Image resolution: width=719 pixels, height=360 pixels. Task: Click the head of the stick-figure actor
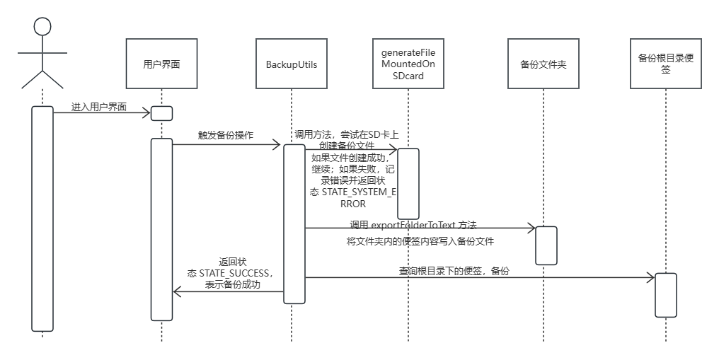[42, 27]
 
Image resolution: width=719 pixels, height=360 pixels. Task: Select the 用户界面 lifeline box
[161, 64]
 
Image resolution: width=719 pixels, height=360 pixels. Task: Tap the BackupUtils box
[292, 64]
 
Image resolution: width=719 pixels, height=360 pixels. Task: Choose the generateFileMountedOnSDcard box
[408, 64]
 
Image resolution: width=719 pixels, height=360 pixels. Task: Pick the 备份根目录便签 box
[665, 64]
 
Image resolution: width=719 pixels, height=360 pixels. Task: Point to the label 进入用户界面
[99, 108]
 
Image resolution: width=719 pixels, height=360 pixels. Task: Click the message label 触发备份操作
[226, 135]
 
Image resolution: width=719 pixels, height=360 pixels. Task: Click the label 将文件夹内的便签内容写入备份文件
[420, 241]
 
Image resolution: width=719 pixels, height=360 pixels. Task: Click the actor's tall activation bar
[42, 219]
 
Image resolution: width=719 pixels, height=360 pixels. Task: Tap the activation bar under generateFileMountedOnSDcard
[408, 184]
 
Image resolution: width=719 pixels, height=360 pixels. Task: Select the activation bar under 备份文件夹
[546, 245]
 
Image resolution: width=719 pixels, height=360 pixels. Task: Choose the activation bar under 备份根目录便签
[666, 295]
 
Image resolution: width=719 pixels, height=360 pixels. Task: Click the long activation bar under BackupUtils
[294, 223]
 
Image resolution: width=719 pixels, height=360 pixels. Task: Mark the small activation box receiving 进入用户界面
[161, 113]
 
